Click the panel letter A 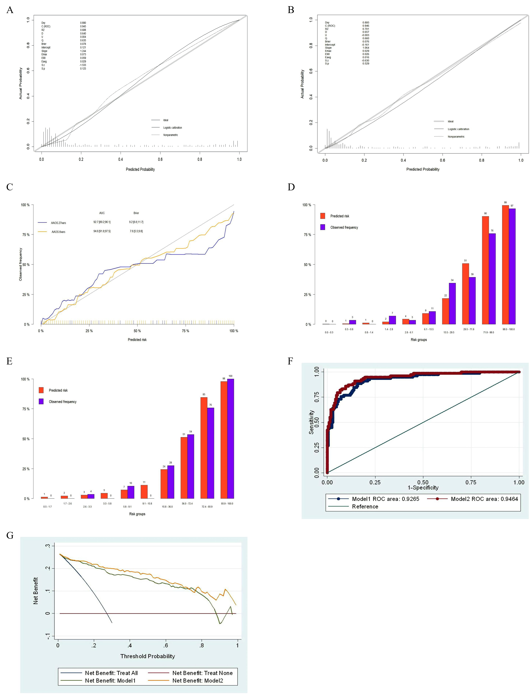10,10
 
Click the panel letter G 10,535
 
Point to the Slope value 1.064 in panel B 366,48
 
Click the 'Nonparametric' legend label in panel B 456,137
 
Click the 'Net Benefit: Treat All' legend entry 111,673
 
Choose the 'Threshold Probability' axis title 148,656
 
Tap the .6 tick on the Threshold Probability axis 166,645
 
